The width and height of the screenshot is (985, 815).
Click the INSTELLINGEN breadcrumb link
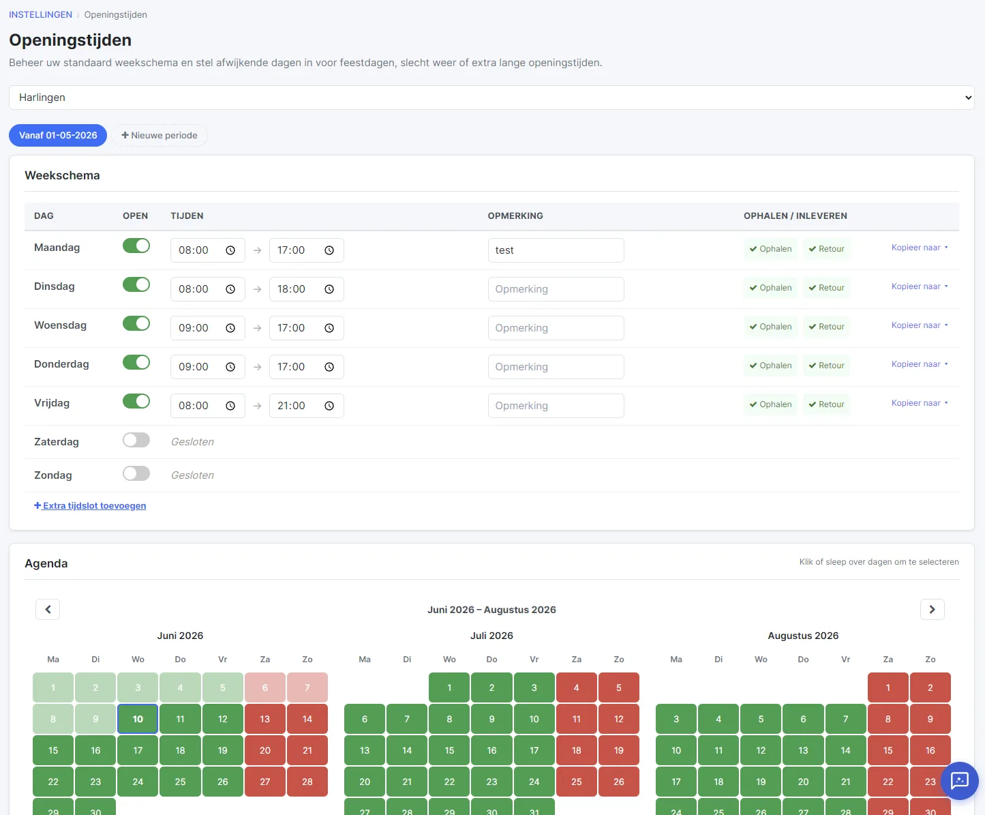coord(41,14)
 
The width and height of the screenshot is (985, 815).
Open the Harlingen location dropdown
coord(491,98)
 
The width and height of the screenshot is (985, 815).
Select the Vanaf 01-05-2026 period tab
coord(58,136)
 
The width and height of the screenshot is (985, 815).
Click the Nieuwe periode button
coord(160,136)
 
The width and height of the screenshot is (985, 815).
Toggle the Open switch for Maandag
coord(136,246)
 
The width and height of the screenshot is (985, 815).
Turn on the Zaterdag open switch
coord(136,441)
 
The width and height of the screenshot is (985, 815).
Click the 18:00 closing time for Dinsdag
coord(306,289)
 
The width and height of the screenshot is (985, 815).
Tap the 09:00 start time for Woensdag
coord(208,328)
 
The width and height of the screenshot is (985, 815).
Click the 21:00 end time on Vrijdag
coord(306,406)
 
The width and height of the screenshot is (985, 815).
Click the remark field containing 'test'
coord(556,250)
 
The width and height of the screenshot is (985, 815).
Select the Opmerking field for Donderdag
coord(556,367)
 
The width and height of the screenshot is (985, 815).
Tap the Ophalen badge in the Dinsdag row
coord(771,288)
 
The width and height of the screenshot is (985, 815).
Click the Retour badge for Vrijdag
coord(826,404)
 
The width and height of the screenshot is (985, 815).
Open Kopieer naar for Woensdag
coord(920,325)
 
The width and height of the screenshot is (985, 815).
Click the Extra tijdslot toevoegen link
coord(90,505)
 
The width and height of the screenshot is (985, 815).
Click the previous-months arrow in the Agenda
coord(48,609)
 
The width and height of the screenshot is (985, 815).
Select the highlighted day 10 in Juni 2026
coord(138,720)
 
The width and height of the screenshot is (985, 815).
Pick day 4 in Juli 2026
coord(577,687)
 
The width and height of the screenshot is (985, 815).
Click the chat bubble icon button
coord(960,781)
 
